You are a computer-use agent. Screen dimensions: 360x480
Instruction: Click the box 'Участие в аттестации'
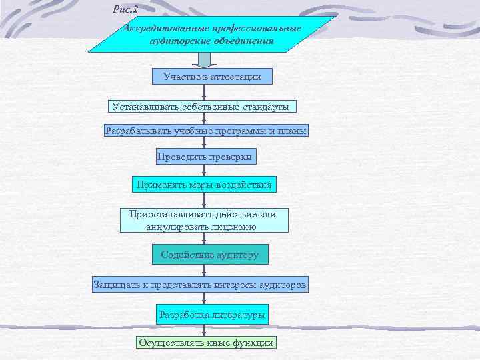pyautogui.click(x=212, y=77)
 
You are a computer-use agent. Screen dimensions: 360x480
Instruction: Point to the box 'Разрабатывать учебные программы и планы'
pyautogui.click(x=206, y=131)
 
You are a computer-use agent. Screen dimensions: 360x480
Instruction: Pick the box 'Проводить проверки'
pyautogui.click(x=204, y=157)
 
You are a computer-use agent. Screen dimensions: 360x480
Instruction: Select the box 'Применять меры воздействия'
pyautogui.click(x=204, y=184)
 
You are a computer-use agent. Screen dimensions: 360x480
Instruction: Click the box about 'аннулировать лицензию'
pyautogui.click(x=205, y=220)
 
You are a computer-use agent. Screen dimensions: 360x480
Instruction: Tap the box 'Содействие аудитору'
pyautogui.click(x=209, y=255)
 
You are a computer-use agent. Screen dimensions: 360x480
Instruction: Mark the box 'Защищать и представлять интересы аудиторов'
pyautogui.click(x=200, y=285)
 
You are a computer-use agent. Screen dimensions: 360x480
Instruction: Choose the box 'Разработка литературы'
pyautogui.click(x=211, y=314)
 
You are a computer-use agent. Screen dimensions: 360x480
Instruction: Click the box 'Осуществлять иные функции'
pyautogui.click(x=205, y=343)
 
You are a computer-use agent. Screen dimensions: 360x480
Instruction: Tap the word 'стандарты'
pyautogui.click(x=267, y=106)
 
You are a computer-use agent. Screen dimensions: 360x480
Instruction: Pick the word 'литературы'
pyautogui.click(x=241, y=314)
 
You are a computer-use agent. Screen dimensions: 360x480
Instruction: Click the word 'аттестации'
pyautogui.click(x=236, y=77)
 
